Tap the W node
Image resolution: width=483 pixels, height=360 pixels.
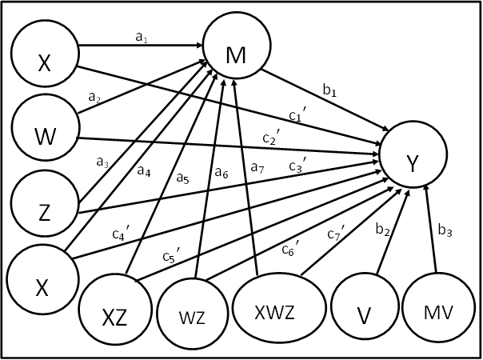pos(45,134)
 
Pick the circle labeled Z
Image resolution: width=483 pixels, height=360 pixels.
pos(44,206)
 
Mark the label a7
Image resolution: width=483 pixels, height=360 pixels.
pos(257,168)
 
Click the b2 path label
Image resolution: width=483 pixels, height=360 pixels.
pos(383,231)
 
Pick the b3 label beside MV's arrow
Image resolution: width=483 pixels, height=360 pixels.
pos(445,233)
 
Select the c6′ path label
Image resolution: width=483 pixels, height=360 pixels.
pos(289,250)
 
